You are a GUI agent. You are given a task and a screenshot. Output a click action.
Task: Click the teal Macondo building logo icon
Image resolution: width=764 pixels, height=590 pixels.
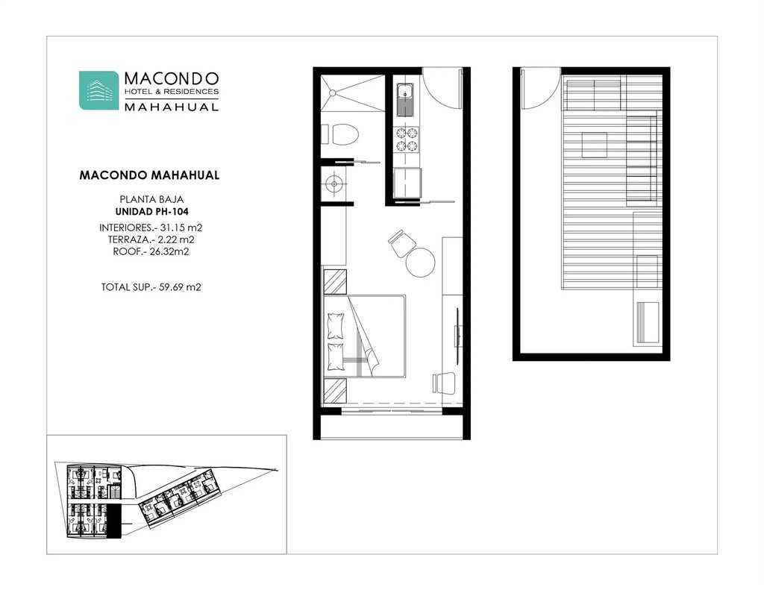point(98,90)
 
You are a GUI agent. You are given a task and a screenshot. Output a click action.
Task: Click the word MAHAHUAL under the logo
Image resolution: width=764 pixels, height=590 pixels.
point(171,107)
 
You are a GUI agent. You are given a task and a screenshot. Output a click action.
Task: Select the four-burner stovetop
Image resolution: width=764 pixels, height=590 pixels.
point(406,139)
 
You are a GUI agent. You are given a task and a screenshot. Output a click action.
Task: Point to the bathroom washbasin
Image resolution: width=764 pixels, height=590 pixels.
point(334,181)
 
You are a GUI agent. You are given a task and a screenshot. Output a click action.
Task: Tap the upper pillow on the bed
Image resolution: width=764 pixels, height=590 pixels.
point(336,326)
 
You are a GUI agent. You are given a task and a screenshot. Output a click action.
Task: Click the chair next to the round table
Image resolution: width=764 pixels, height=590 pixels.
point(401,242)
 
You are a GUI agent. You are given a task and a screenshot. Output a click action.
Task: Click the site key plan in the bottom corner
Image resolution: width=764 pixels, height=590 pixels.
point(167,495)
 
